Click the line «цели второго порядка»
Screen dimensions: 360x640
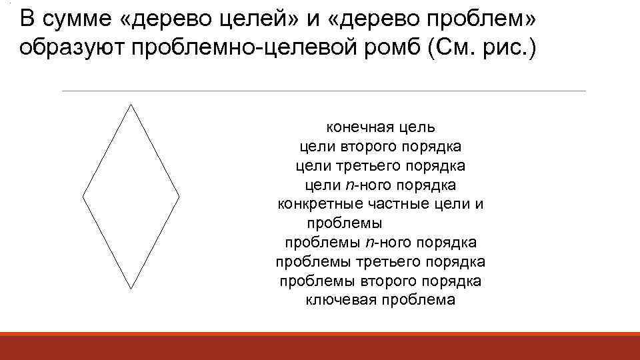(381, 145)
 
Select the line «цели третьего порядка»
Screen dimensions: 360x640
(381, 165)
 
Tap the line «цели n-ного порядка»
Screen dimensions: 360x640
(381, 184)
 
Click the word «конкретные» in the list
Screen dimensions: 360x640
(316, 203)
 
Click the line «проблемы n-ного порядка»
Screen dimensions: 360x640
(381, 242)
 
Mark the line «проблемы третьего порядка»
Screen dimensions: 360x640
(381, 261)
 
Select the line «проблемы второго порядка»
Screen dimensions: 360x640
(381, 281)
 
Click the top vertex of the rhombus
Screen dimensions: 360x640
(131, 104)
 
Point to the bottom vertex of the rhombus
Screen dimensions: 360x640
(131, 289)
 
